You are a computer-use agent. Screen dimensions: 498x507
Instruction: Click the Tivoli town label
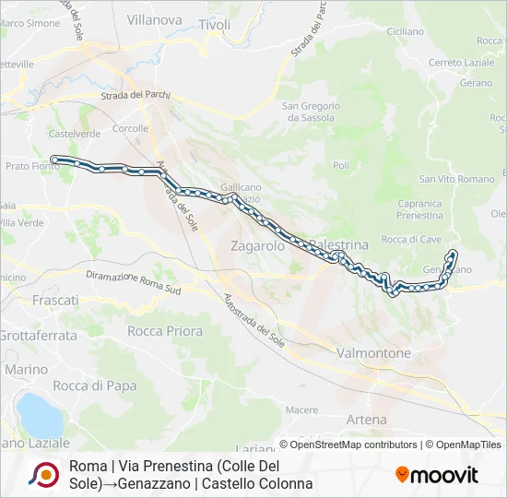click(215, 25)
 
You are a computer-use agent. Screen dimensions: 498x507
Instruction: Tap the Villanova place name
click(154, 18)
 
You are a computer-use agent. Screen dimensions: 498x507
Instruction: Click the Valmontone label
click(374, 353)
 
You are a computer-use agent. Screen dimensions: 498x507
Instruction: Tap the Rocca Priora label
click(165, 330)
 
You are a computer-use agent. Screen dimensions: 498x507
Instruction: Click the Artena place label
click(367, 420)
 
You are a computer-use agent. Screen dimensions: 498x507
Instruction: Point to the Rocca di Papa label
click(88, 385)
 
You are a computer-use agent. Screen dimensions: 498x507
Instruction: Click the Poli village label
click(341, 165)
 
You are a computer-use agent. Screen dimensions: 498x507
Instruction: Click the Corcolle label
click(130, 128)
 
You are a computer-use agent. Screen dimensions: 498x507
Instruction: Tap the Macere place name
click(301, 409)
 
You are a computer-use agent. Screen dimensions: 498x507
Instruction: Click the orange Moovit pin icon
click(402, 475)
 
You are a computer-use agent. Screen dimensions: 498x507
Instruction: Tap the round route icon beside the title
click(43, 474)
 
